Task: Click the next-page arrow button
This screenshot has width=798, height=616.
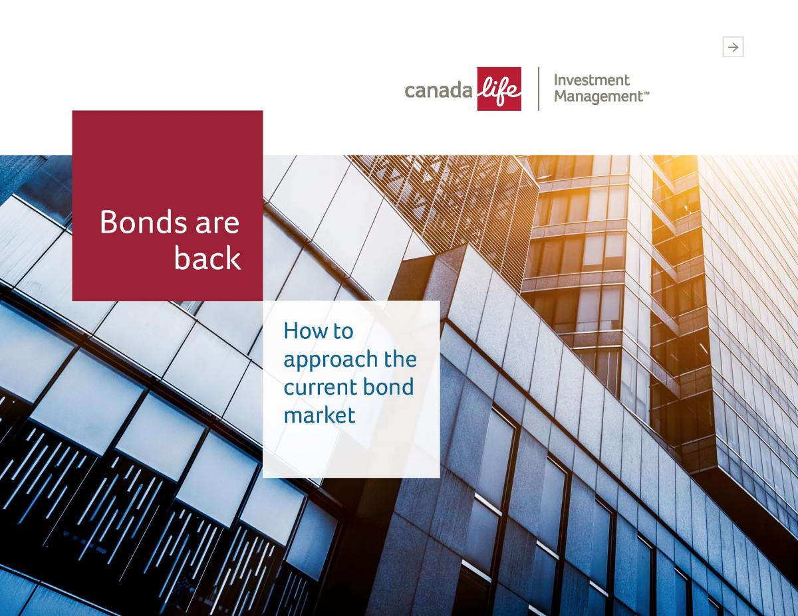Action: tap(733, 47)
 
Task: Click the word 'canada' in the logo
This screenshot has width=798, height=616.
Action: tap(438, 90)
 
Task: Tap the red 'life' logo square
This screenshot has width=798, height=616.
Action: tap(499, 89)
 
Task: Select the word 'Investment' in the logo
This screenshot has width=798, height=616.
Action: tap(592, 80)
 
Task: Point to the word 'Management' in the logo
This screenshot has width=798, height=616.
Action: tap(598, 97)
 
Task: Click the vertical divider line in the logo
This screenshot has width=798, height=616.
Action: tap(539, 89)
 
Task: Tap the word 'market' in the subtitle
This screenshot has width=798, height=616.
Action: tap(319, 415)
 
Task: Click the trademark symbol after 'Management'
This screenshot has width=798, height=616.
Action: tap(646, 93)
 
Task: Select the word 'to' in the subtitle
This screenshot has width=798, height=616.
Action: tap(343, 332)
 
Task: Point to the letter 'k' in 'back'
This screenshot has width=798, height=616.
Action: tap(233, 257)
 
